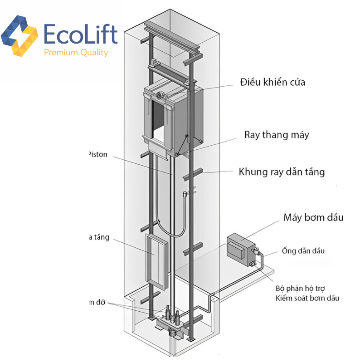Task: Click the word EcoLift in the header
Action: [81, 34]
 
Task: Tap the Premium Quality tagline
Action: [76, 53]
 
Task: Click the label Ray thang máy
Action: [277, 135]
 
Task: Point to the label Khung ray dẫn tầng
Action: [282, 172]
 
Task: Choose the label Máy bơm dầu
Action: [313, 217]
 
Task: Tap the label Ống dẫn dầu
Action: [303, 250]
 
